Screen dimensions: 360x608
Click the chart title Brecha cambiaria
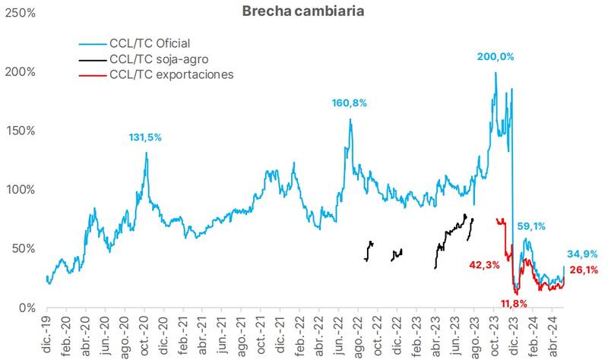[302, 12]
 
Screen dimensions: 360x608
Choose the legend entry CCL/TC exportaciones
[171, 74]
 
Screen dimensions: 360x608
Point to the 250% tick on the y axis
[21, 14]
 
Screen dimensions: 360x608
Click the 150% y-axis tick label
[21, 131]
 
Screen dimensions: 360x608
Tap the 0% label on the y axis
[27, 308]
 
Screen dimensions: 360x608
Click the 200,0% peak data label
[495, 57]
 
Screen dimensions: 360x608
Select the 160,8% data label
[349, 103]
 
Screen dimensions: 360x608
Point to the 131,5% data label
[144, 137]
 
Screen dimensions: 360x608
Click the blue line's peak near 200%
[496, 73]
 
